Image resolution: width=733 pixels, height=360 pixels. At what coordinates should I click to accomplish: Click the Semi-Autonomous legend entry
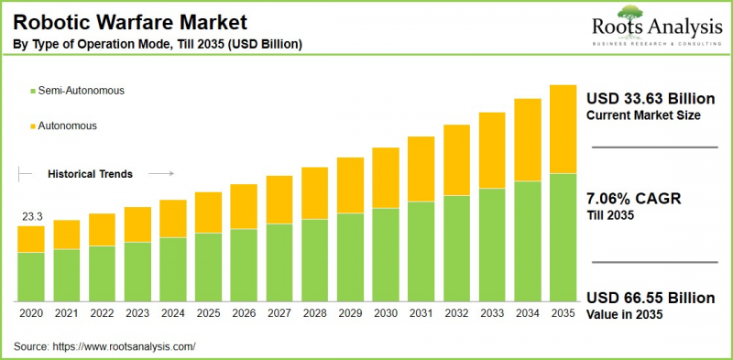point(79,91)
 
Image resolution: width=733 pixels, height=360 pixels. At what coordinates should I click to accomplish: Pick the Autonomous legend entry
point(66,125)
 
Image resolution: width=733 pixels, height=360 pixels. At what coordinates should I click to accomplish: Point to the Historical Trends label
point(90,173)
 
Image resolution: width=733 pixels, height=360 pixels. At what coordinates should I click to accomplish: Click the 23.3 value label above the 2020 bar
point(31,217)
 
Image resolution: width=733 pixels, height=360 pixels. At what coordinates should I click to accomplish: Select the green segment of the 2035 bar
point(562,237)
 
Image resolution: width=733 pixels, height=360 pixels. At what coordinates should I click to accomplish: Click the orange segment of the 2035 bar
point(562,128)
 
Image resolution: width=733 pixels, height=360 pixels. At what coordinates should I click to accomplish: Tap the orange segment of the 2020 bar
point(31,238)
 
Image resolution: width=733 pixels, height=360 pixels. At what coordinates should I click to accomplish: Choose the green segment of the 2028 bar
point(314,261)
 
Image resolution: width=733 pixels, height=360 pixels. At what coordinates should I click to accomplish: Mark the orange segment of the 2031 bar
point(421,169)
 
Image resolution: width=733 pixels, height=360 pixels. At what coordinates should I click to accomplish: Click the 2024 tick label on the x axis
point(173,313)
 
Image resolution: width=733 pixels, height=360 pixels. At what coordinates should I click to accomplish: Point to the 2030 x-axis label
point(385,313)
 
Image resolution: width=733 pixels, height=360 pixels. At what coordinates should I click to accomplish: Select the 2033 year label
point(491,313)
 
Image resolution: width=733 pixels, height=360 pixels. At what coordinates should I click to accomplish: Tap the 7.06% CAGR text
point(632,199)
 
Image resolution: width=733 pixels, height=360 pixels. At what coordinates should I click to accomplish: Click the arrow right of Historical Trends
point(160,173)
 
